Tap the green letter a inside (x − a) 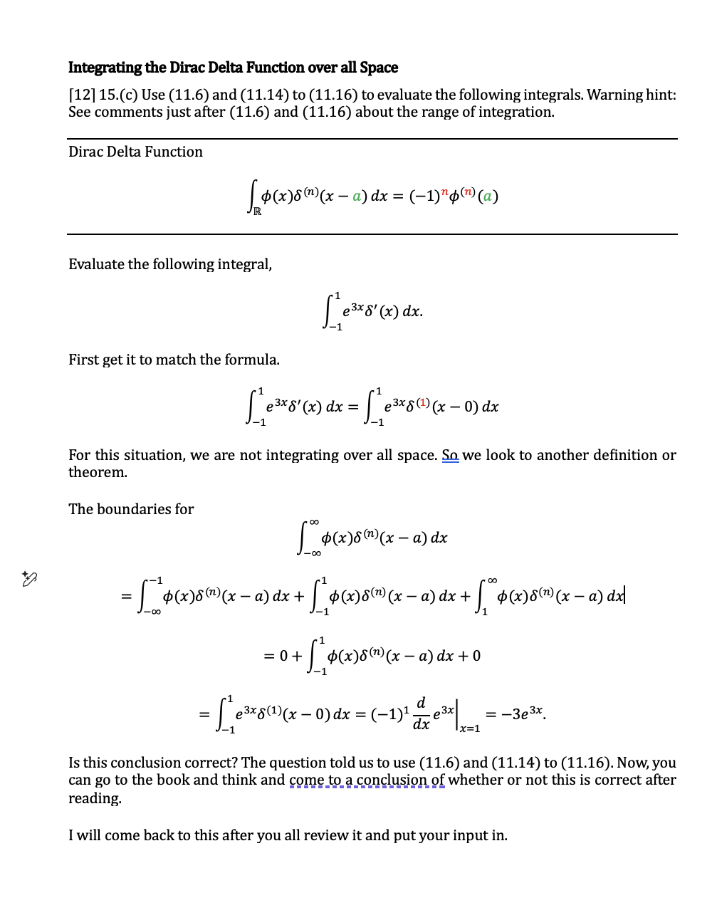357,196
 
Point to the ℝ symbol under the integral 257,211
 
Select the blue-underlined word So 450,455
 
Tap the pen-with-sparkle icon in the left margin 29,578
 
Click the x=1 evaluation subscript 469,728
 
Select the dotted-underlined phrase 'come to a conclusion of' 367,780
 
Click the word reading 95,798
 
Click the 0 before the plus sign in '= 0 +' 283,656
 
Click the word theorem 98,472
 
